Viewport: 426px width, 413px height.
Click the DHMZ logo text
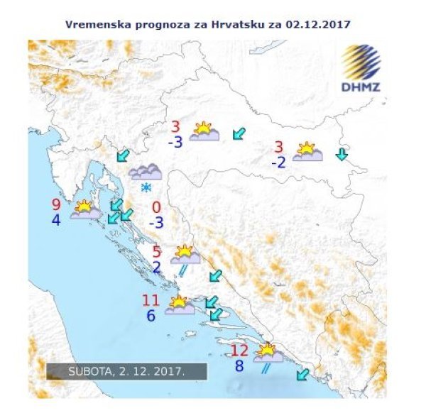[x=361, y=87]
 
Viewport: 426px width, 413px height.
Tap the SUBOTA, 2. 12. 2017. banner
[x=126, y=372]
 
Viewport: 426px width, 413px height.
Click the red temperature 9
[x=56, y=204]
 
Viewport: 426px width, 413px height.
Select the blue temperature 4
[x=55, y=220]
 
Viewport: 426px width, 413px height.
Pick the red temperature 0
[x=156, y=208]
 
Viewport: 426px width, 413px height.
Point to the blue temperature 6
[x=150, y=316]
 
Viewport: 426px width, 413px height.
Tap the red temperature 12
[x=240, y=350]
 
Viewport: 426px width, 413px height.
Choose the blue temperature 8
[x=239, y=367]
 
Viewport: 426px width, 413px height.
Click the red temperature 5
[x=157, y=251]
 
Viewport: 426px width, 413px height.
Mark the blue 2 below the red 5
[x=156, y=268]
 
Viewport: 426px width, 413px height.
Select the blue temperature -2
[x=278, y=163]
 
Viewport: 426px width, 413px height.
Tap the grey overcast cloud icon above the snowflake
[x=146, y=171]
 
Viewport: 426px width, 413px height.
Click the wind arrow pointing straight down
[x=342, y=154]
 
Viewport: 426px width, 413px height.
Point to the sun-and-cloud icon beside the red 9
[x=84, y=209]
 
